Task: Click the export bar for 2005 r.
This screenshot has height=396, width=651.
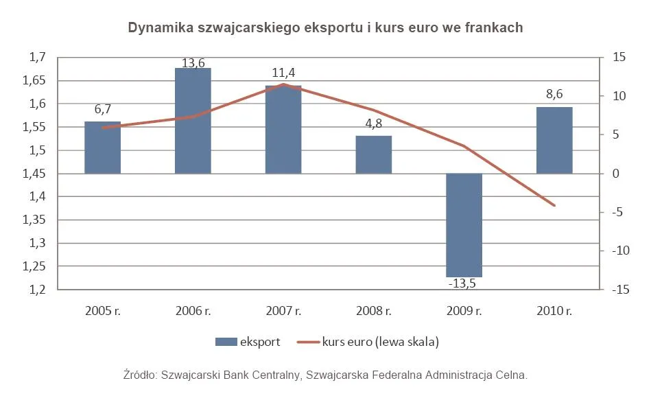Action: (x=102, y=148)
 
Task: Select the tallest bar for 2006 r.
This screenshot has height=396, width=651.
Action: (x=193, y=121)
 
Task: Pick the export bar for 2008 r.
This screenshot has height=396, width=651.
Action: (x=374, y=154)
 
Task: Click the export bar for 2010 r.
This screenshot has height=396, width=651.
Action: (x=554, y=140)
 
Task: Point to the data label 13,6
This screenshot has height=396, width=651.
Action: (x=193, y=63)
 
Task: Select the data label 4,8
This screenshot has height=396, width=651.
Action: (x=374, y=126)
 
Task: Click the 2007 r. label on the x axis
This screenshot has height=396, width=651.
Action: (x=283, y=311)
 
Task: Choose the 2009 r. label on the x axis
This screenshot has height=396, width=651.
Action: (x=464, y=311)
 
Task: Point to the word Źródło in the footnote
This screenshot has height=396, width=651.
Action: (x=139, y=375)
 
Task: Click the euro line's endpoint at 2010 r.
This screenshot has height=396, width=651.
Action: (x=554, y=205)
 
